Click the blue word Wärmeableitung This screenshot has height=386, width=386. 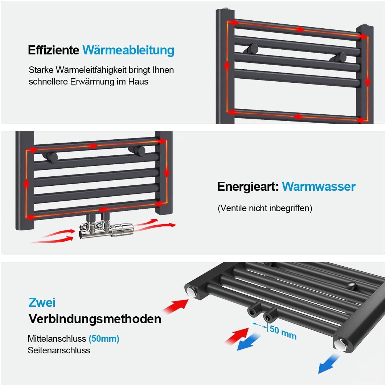coord(128,50)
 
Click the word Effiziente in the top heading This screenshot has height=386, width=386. coord(53,50)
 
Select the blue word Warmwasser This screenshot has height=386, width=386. coord(319,186)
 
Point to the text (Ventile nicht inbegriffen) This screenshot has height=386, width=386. coord(265,208)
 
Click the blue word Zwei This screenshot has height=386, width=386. coord(42,302)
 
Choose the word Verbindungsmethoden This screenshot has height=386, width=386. coord(95,319)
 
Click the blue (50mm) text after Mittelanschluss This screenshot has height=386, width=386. coord(104,339)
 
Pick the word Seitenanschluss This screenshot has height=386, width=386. coord(59,350)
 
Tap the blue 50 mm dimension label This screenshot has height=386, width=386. coord(283,332)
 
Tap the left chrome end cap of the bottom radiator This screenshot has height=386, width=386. coord(191,291)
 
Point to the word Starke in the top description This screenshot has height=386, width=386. coord(41,70)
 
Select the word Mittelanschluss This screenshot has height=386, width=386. coord(57,339)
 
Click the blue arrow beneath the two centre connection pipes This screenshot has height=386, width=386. coord(249,342)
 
